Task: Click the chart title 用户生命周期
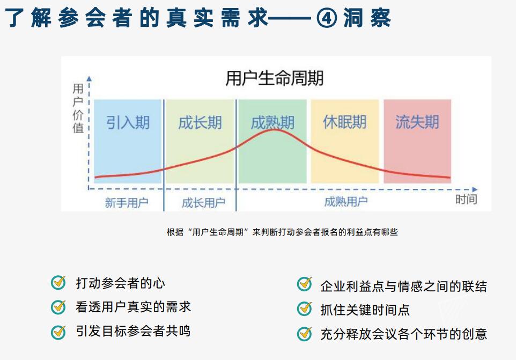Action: pyautogui.click(x=275, y=78)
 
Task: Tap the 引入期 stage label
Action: pyautogui.click(x=128, y=123)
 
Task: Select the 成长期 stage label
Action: pyautogui.click(x=200, y=123)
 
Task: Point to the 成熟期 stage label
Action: pyautogui.click(x=272, y=123)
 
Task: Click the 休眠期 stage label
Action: pyautogui.click(x=345, y=122)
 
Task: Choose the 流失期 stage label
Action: pyautogui.click(x=417, y=122)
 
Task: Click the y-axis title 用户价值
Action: pyautogui.click(x=78, y=108)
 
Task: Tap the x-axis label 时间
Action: pyautogui.click(x=466, y=200)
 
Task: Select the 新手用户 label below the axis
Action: pyautogui.click(x=127, y=203)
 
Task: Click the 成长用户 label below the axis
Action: pyautogui.click(x=203, y=203)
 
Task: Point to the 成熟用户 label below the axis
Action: pyautogui.click(x=346, y=202)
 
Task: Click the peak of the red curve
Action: pyautogui.click(x=275, y=130)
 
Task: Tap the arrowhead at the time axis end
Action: pyautogui.click(x=475, y=189)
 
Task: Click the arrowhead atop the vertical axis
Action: pyautogui.click(x=89, y=79)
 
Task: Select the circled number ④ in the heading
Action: pyautogui.click(x=327, y=18)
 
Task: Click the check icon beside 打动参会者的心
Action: pyautogui.click(x=58, y=283)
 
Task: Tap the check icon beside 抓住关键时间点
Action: pyautogui.click(x=305, y=308)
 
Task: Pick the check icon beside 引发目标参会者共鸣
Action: pyautogui.click(x=58, y=332)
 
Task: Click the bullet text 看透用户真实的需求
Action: pyautogui.click(x=133, y=307)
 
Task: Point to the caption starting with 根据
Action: pyautogui.click(x=282, y=232)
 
